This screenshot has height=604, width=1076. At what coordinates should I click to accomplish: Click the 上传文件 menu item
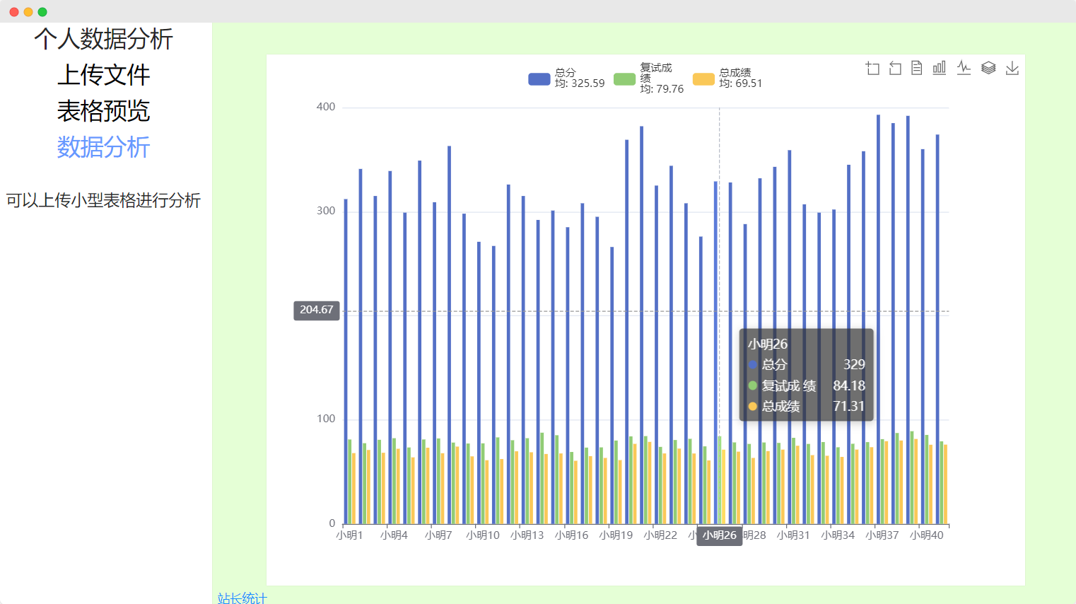coord(103,75)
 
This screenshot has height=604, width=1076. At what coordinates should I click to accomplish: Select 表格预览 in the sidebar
coord(103,111)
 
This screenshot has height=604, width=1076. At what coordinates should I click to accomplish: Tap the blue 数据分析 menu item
coord(103,147)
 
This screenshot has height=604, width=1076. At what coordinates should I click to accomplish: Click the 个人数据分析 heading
coord(103,39)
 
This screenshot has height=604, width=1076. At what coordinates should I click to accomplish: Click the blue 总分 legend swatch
coord(539,79)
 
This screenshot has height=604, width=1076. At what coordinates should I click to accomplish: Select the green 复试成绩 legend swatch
coord(624,79)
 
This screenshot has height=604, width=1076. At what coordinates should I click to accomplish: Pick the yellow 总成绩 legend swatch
coord(703,79)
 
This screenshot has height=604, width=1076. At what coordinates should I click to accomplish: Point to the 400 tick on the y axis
coord(326,107)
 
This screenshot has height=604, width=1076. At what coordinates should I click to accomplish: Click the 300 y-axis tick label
coord(326,211)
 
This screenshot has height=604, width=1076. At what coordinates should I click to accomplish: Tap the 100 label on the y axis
coord(326,419)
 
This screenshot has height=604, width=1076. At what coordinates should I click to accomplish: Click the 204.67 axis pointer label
coord(317,310)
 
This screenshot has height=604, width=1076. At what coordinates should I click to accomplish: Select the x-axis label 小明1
coord(349,535)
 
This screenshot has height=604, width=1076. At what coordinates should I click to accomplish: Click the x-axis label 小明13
coord(527,535)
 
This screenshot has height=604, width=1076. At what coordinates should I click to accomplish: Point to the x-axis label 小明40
coord(927,535)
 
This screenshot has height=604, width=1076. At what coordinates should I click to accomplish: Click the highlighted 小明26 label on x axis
coord(719,535)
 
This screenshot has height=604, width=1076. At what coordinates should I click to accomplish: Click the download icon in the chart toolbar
coord(1012,68)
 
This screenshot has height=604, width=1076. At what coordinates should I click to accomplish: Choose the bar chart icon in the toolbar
coord(940,68)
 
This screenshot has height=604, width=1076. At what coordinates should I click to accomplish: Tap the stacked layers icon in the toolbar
coord(988,68)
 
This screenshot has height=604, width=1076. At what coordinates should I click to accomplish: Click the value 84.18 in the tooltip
coord(848,385)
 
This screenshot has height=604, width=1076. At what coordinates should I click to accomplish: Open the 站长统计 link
coord(242,598)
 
